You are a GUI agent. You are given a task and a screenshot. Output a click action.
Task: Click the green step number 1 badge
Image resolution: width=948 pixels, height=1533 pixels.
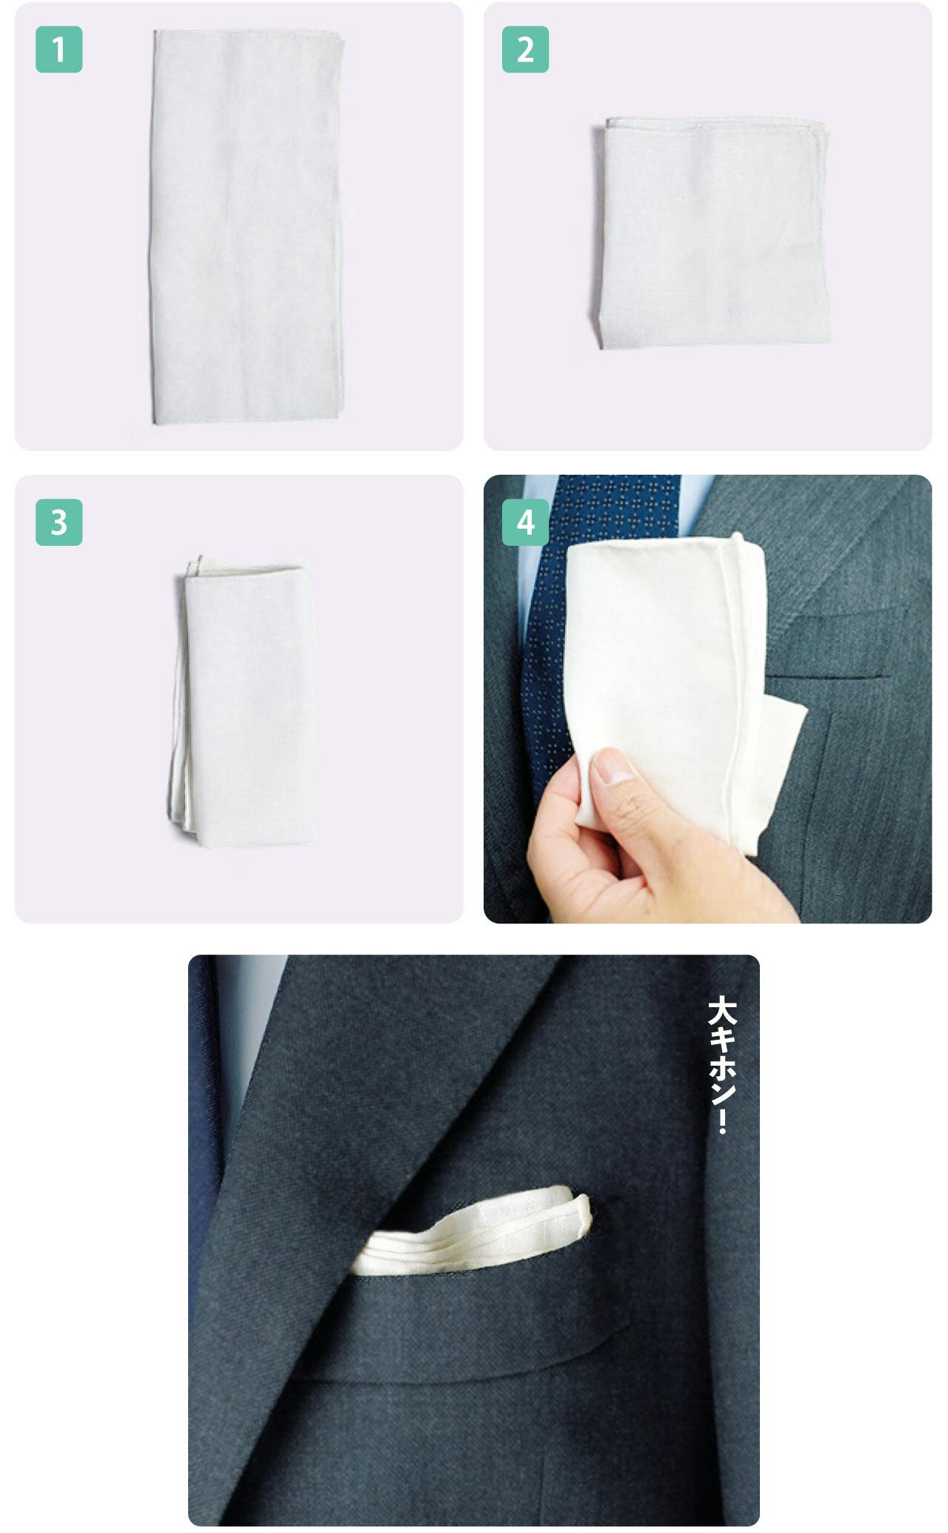pyautogui.click(x=59, y=50)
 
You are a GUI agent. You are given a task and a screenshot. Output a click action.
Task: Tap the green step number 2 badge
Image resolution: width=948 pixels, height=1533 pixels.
pyautogui.click(x=525, y=50)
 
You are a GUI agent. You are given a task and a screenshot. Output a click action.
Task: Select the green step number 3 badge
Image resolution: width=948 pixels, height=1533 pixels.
pyautogui.click(x=59, y=522)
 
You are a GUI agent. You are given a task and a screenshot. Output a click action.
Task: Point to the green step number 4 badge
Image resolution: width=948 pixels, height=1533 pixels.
pyautogui.click(x=525, y=522)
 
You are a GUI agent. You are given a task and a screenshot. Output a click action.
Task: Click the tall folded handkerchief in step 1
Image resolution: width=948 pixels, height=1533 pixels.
pyautogui.click(x=247, y=227)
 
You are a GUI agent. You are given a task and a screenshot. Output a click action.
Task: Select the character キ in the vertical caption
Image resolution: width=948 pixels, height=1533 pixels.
pyautogui.click(x=721, y=1041)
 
